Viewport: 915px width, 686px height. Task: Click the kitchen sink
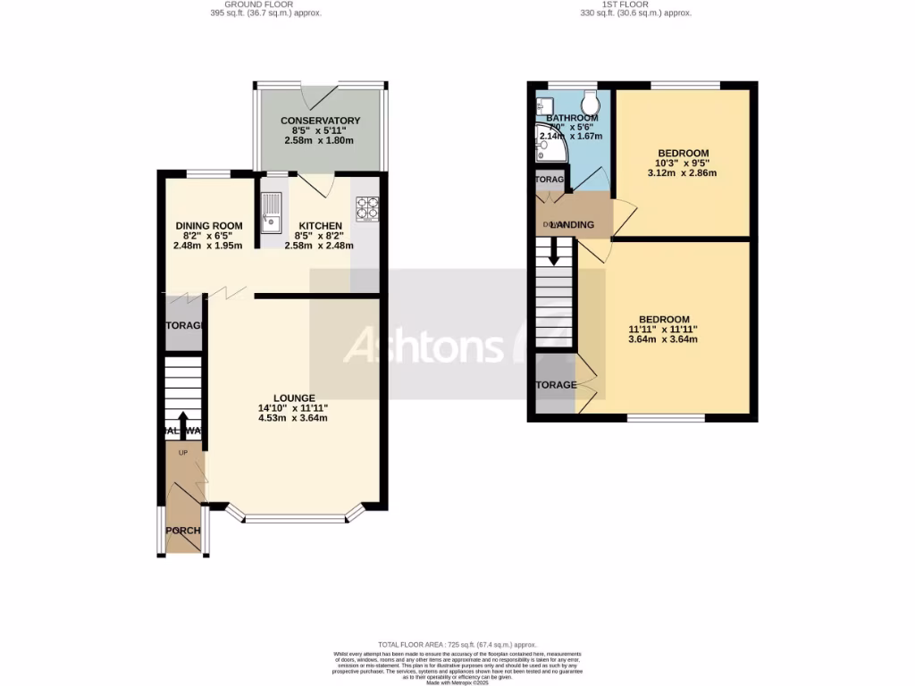point(272,212)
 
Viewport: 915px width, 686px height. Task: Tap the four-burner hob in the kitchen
point(367,207)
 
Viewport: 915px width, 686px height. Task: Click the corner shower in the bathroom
point(547,146)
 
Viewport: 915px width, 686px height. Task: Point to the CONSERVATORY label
point(320,121)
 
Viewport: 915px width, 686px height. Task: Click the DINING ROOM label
point(208,226)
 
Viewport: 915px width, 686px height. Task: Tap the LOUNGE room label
point(293,398)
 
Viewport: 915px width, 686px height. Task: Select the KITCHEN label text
point(320,226)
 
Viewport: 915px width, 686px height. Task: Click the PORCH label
point(183,531)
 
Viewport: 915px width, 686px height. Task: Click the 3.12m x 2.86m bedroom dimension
point(683,173)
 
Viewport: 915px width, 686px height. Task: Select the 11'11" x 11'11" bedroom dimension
point(663,330)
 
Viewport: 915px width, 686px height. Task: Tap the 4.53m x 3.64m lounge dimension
point(293,418)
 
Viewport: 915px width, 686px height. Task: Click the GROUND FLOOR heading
point(260,4)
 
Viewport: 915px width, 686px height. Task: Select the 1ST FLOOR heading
point(636,4)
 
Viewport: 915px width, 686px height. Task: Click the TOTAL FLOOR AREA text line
point(457,644)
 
